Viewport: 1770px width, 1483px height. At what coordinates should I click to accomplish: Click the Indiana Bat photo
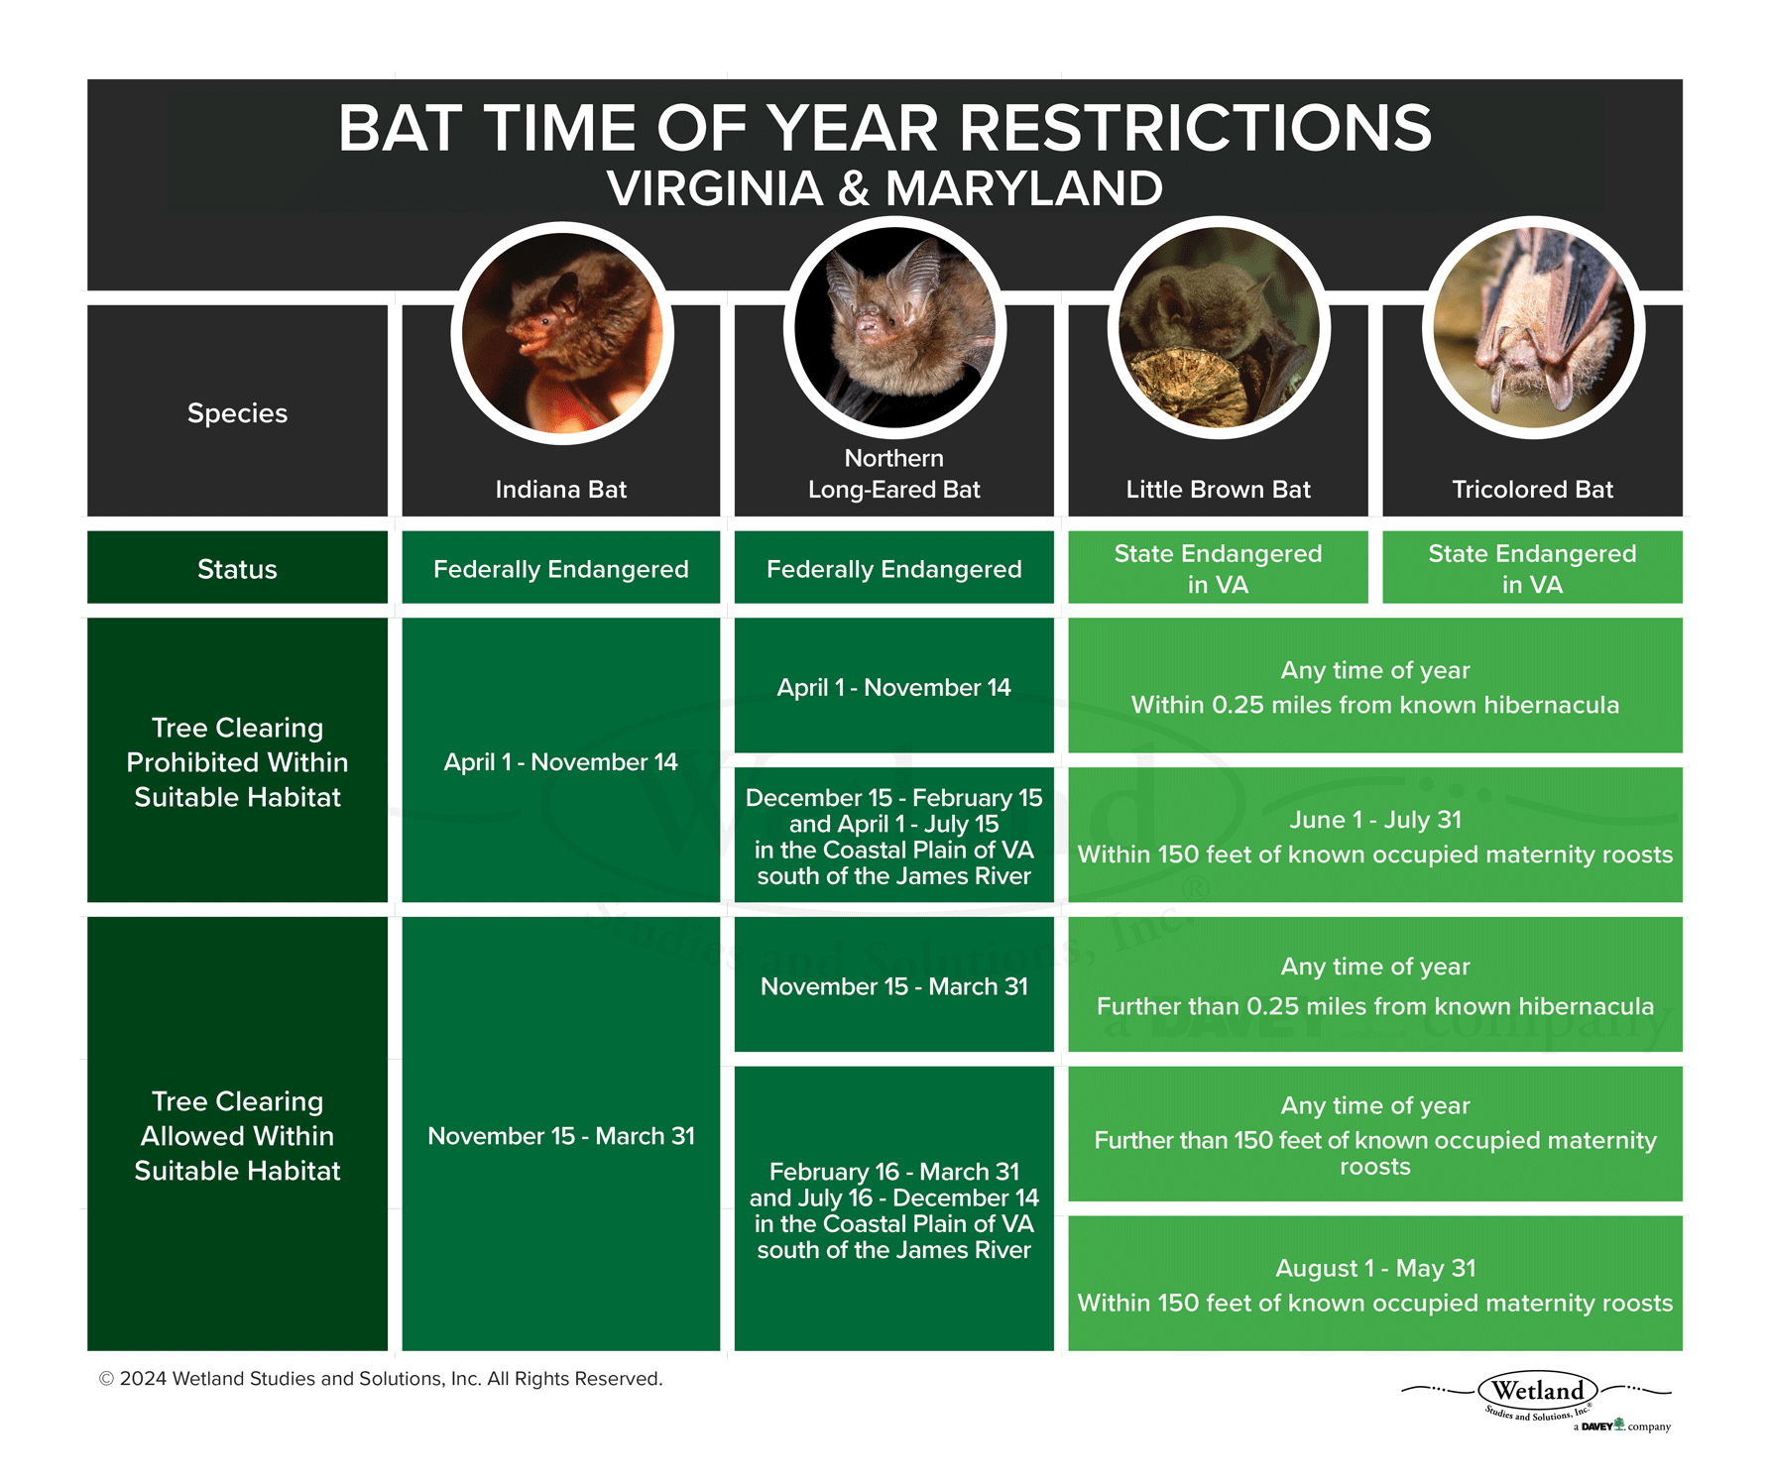(562, 334)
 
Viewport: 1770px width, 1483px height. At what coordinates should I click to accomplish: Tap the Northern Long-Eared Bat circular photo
(894, 328)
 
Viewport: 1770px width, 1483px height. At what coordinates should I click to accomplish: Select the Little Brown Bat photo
(1219, 328)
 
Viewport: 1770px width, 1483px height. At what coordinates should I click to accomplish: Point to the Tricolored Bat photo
(1533, 328)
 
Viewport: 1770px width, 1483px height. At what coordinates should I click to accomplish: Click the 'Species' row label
(237, 413)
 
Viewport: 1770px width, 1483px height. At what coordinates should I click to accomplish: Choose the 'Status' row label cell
(237, 569)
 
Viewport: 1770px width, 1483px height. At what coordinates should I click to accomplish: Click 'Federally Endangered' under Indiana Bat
(560, 569)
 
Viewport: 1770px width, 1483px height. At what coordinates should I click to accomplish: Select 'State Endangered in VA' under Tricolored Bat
(1532, 569)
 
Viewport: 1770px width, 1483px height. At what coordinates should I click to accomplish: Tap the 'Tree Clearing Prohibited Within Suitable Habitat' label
(237, 761)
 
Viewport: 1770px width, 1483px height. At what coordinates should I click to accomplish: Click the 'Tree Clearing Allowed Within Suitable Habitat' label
(237, 1135)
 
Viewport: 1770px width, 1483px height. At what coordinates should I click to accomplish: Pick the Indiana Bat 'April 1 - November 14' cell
(560, 761)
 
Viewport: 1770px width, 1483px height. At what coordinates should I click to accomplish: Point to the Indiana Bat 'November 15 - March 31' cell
(560, 1135)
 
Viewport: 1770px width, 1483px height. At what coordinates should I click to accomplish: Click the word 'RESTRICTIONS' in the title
(1195, 129)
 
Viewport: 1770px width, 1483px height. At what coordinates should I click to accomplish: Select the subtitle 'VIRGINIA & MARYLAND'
(885, 188)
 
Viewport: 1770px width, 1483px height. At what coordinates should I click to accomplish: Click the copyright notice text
(381, 1379)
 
